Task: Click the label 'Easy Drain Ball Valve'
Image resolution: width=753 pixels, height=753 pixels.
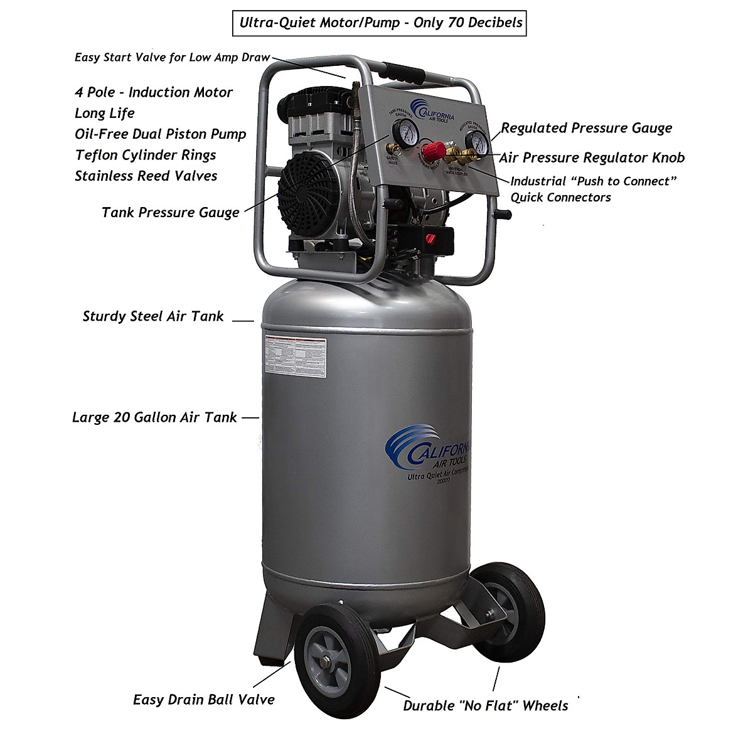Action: coord(204,699)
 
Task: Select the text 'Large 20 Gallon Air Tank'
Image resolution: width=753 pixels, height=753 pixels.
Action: coord(154,417)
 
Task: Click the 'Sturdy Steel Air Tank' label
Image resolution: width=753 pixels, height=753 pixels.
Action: coord(153,316)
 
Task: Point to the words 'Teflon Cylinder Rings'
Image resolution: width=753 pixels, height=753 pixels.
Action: coord(145,155)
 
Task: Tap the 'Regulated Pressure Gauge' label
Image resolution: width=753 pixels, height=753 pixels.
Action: coord(586,128)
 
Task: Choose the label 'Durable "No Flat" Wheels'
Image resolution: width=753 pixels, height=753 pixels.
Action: coord(485,705)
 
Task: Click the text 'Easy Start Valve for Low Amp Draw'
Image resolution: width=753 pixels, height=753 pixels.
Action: coord(172,58)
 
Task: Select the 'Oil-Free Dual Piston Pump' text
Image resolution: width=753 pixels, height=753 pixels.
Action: coord(160,134)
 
